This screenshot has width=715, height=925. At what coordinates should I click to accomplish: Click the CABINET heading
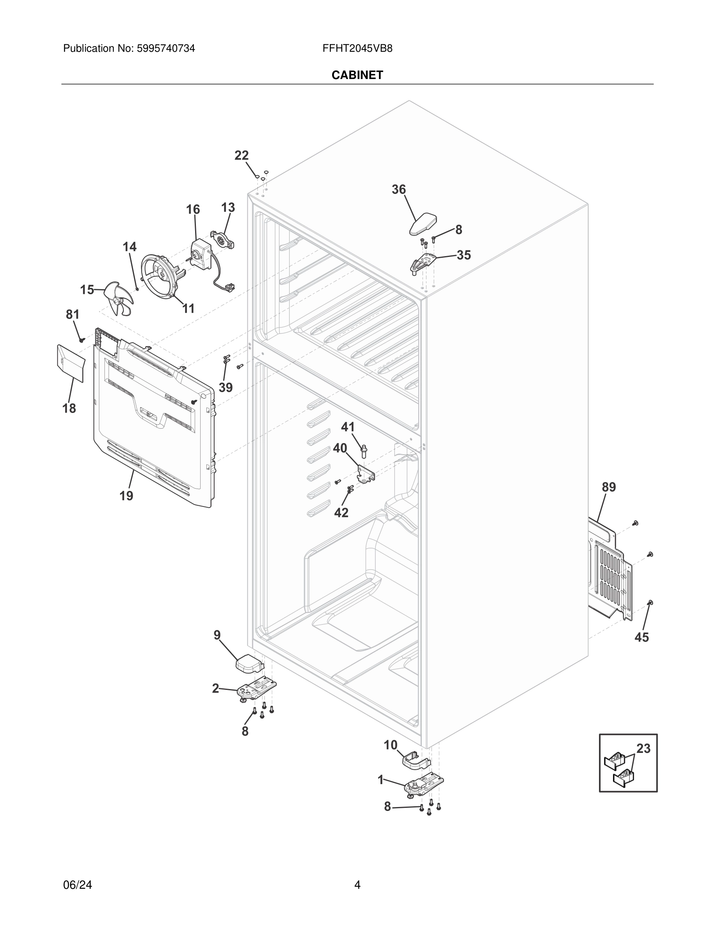[357, 75]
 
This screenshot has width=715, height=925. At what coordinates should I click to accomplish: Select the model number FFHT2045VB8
[357, 48]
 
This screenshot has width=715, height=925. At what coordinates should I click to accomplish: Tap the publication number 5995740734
[165, 48]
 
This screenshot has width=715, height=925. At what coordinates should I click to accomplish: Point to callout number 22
[241, 155]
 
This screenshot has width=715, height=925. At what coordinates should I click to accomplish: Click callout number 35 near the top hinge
[464, 255]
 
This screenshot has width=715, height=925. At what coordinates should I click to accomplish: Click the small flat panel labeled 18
[70, 363]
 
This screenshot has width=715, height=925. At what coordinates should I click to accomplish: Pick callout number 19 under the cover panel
[126, 496]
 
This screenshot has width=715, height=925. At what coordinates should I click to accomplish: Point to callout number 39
[226, 387]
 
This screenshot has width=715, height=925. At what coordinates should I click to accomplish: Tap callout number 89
[609, 487]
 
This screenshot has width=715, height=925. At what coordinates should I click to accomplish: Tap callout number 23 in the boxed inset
[643, 760]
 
